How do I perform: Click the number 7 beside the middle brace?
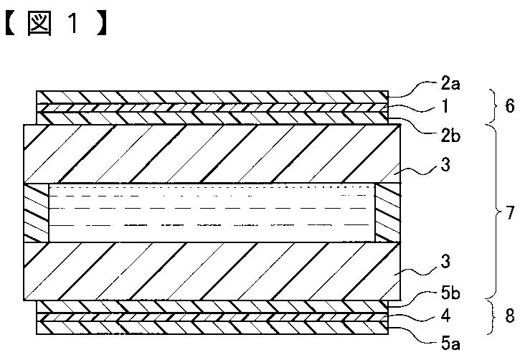coord(510,213)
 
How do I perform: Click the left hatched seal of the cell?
coord(36,212)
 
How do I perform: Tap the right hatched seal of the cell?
coord(387,212)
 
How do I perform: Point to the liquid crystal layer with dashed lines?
coord(212,212)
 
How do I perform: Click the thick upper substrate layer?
coord(212,153)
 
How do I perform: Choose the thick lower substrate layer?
coord(212,270)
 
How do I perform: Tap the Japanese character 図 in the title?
coord(37,24)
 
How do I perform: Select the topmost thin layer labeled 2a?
coord(212,97)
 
